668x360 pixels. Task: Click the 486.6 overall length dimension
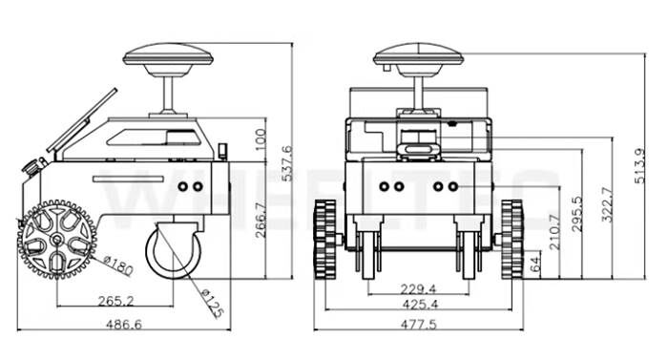123,325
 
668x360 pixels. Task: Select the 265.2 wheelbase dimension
115,301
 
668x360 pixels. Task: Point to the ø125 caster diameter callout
212,304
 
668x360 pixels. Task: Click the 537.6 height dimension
288,163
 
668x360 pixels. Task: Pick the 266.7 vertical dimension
261,220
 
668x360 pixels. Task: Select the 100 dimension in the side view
261,139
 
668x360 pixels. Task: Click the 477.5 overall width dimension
419,325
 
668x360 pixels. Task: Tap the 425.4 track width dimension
419,305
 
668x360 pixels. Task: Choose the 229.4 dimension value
418,289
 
